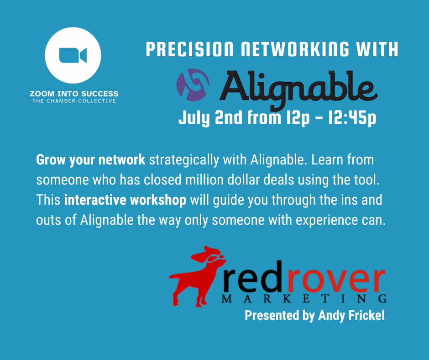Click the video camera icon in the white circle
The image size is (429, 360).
(x=73, y=55)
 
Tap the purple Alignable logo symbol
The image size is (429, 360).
(x=193, y=85)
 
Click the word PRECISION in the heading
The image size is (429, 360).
(x=189, y=49)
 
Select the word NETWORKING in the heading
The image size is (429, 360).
(x=295, y=49)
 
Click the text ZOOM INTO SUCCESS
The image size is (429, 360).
(x=74, y=94)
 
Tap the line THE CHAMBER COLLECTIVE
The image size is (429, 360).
(x=74, y=101)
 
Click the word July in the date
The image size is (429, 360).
(x=194, y=118)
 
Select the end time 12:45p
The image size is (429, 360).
(x=352, y=118)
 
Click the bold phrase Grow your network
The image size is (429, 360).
(x=90, y=160)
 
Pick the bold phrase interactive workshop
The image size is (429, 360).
(x=125, y=200)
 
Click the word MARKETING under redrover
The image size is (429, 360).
(x=304, y=299)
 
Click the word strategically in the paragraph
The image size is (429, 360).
(x=184, y=160)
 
